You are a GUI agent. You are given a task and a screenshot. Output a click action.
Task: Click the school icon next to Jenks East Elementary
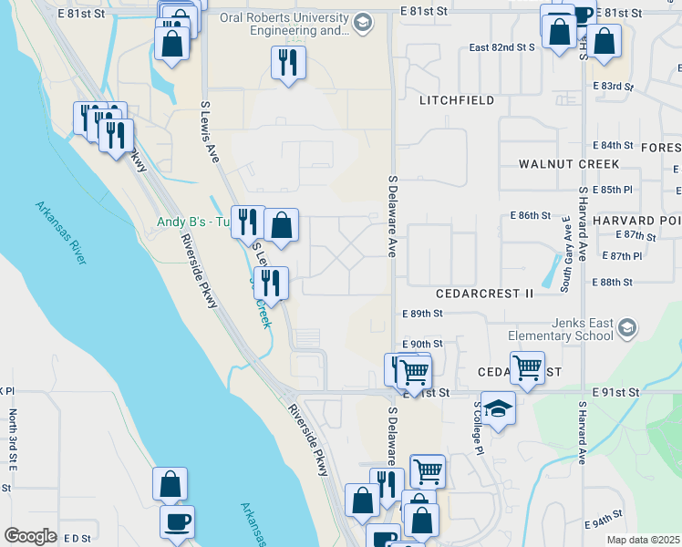626,328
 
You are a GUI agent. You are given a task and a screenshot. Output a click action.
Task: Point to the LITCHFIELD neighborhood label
456,100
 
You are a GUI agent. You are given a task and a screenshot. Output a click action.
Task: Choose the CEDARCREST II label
484,294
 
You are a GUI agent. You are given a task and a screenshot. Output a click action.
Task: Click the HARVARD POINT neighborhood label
637,221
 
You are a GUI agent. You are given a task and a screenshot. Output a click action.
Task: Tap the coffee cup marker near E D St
176,521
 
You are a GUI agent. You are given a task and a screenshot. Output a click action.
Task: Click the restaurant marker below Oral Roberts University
288,63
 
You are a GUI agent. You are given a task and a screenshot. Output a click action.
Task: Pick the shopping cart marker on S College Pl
527,367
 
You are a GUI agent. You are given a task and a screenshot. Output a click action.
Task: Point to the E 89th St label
422,314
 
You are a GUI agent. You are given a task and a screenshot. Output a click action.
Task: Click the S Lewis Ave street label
212,132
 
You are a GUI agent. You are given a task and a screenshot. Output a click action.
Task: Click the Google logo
30,536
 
